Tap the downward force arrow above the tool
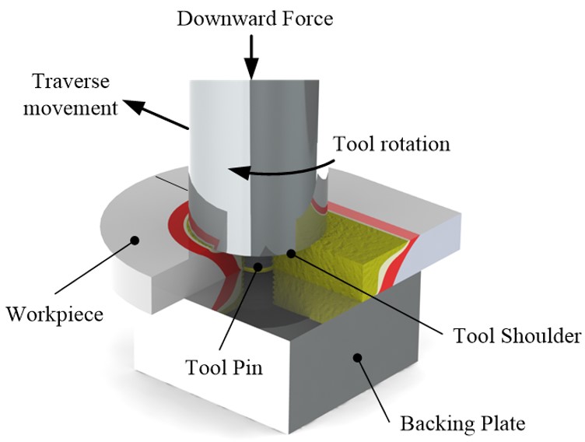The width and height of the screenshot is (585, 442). point(250,57)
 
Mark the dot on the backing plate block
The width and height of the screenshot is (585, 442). point(358,357)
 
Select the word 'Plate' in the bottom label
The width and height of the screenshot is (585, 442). point(502,423)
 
